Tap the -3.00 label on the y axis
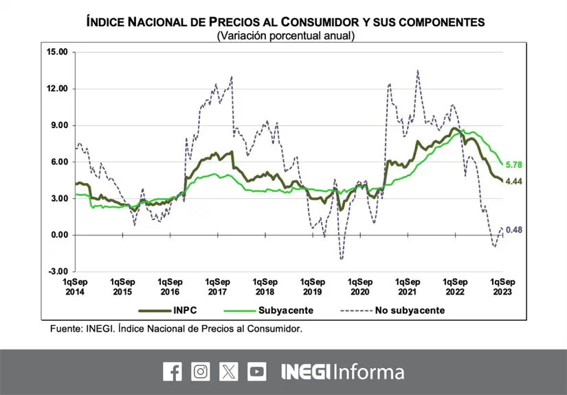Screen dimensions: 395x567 58,272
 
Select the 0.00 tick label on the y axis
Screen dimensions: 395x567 59,235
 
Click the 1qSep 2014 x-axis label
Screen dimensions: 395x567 75,286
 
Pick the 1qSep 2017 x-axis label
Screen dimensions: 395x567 217,286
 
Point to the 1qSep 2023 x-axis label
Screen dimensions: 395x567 502,286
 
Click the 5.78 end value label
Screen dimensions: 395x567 514,165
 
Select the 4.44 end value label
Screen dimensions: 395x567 514,181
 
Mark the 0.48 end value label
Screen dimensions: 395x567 514,230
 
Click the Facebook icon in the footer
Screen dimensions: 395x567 173,372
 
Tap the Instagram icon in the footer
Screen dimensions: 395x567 201,372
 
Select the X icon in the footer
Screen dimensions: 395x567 229,372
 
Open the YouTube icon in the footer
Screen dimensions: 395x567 257,372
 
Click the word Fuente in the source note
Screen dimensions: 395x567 65,329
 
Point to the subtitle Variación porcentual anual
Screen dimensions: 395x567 285,35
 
